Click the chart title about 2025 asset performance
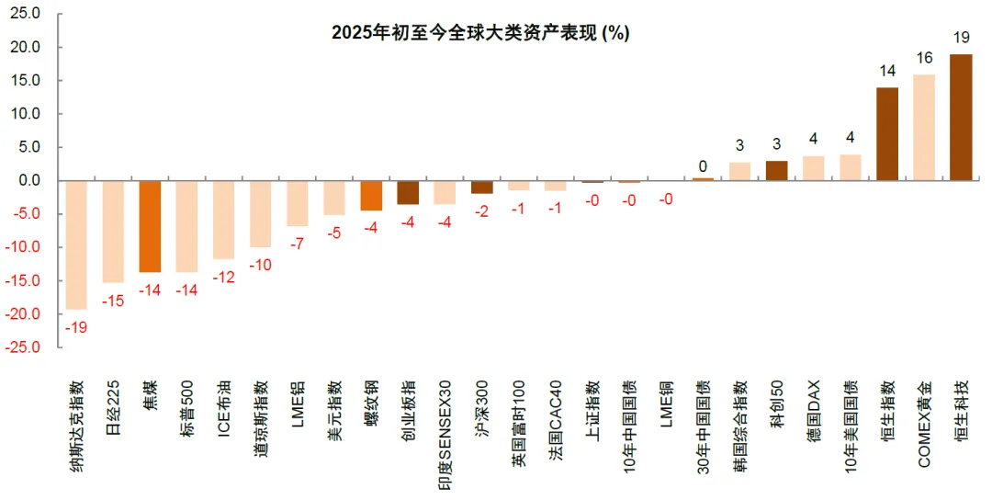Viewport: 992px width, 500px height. [x=479, y=33]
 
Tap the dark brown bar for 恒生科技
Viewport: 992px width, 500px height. [x=961, y=117]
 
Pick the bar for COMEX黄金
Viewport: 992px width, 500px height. [x=924, y=128]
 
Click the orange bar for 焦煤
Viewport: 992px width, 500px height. [x=151, y=226]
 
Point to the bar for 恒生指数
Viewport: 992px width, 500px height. [x=887, y=134]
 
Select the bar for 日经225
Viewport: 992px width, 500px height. [x=113, y=232]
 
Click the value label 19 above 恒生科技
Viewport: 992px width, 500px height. [x=961, y=38]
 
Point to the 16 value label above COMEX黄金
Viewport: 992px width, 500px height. [x=924, y=58]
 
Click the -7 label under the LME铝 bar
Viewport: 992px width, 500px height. [x=298, y=244]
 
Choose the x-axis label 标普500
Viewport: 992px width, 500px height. [x=187, y=409]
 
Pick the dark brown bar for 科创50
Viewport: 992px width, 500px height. [x=776, y=171]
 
